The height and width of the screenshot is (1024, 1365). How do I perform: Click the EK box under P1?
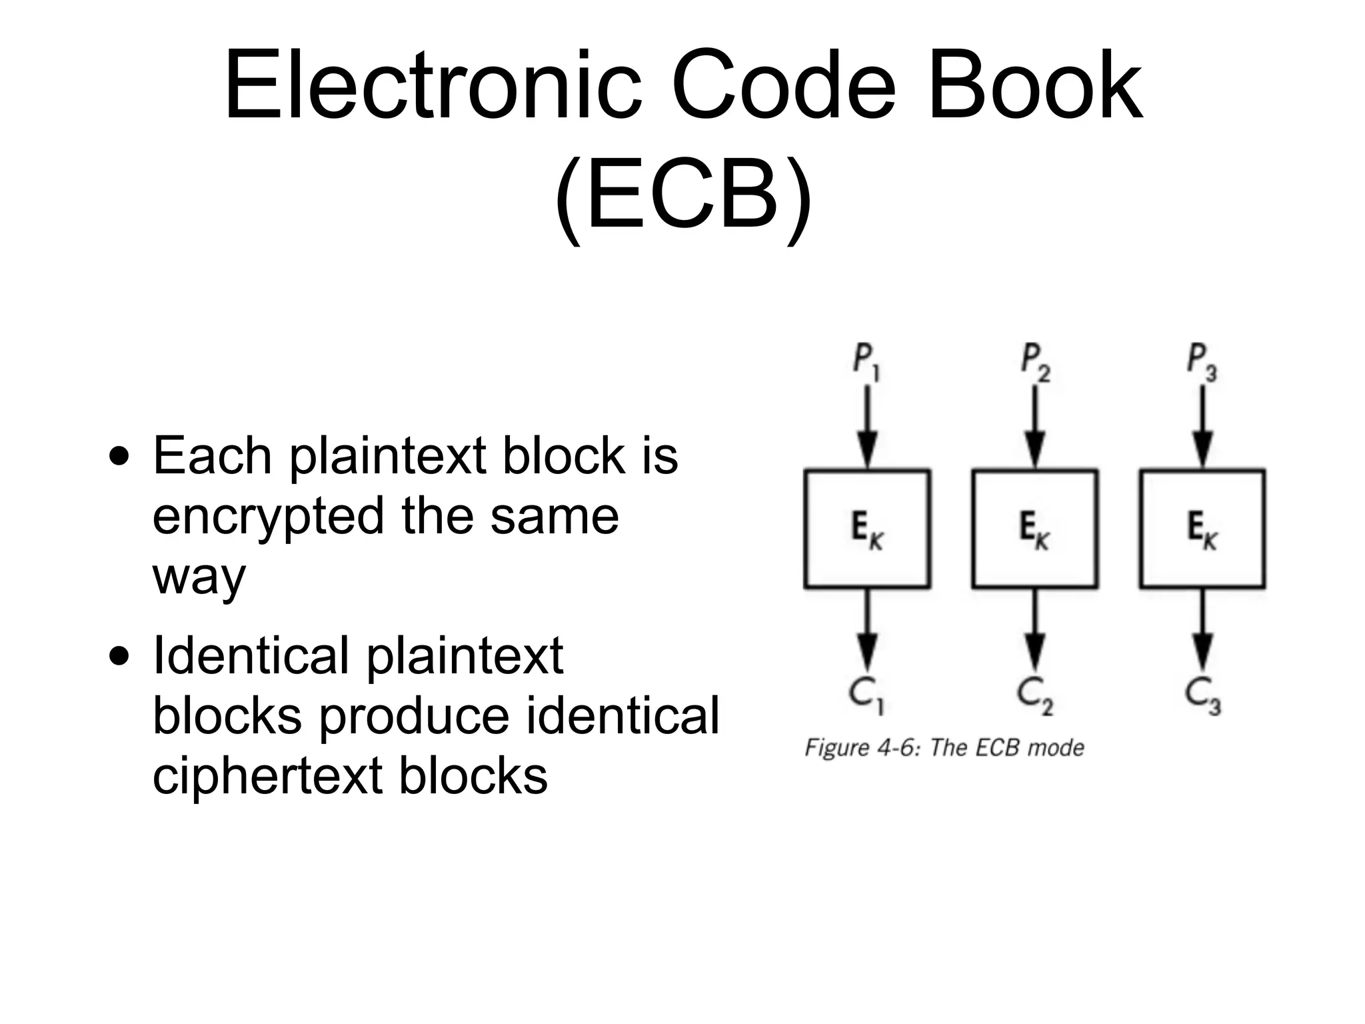coord(867,529)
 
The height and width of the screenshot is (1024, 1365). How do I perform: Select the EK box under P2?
coord(1035,529)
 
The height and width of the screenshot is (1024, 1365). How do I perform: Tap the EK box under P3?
coord(1202,529)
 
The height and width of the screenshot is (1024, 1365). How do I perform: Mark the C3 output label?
coord(1202,695)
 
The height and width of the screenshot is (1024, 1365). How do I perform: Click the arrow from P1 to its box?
coord(867,427)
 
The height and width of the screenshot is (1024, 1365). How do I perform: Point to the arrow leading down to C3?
coord(1202,630)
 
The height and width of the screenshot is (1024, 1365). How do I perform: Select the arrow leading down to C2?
coord(1035,630)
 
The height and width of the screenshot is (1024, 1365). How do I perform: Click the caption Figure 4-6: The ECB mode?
coord(944,748)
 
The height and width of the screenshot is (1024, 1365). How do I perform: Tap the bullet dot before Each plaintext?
coord(119,458)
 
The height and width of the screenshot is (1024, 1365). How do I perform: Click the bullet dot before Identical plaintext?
coord(119,658)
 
